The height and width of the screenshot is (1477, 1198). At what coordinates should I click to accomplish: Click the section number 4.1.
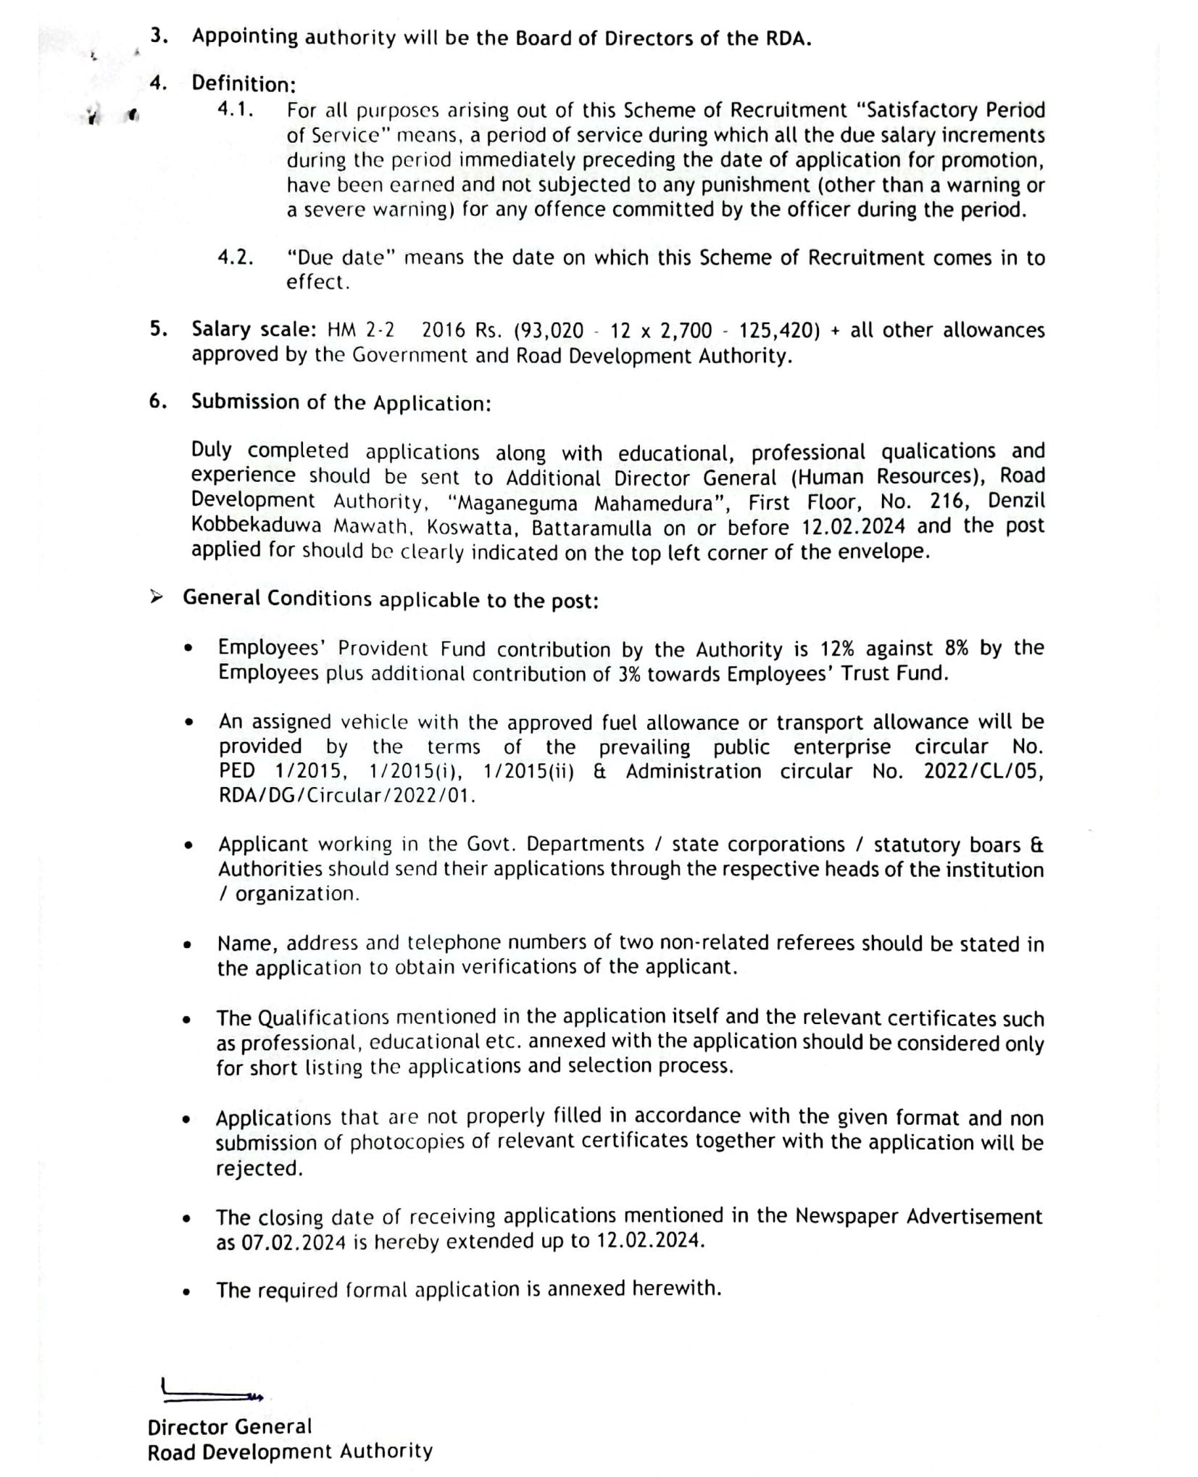click(x=236, y=111)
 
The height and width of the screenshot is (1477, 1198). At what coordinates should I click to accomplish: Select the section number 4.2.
click(x=236, y=257)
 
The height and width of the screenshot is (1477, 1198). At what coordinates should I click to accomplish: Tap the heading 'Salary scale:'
click(x=254, y=330)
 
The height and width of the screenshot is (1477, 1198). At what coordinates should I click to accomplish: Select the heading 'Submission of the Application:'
click(x=341, y=402)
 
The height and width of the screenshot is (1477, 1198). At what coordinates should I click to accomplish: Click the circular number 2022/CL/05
click(x=982, y=771)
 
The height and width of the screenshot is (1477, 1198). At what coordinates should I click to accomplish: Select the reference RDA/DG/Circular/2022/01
click(x=346, y=796)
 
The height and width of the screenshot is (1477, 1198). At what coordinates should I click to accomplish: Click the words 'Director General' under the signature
click(x=229, y=1427)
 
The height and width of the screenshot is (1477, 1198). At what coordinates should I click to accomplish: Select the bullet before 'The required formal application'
click(x=188, y=1291)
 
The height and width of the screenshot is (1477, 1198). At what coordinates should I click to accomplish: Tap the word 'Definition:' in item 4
click(x=244, y=85)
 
